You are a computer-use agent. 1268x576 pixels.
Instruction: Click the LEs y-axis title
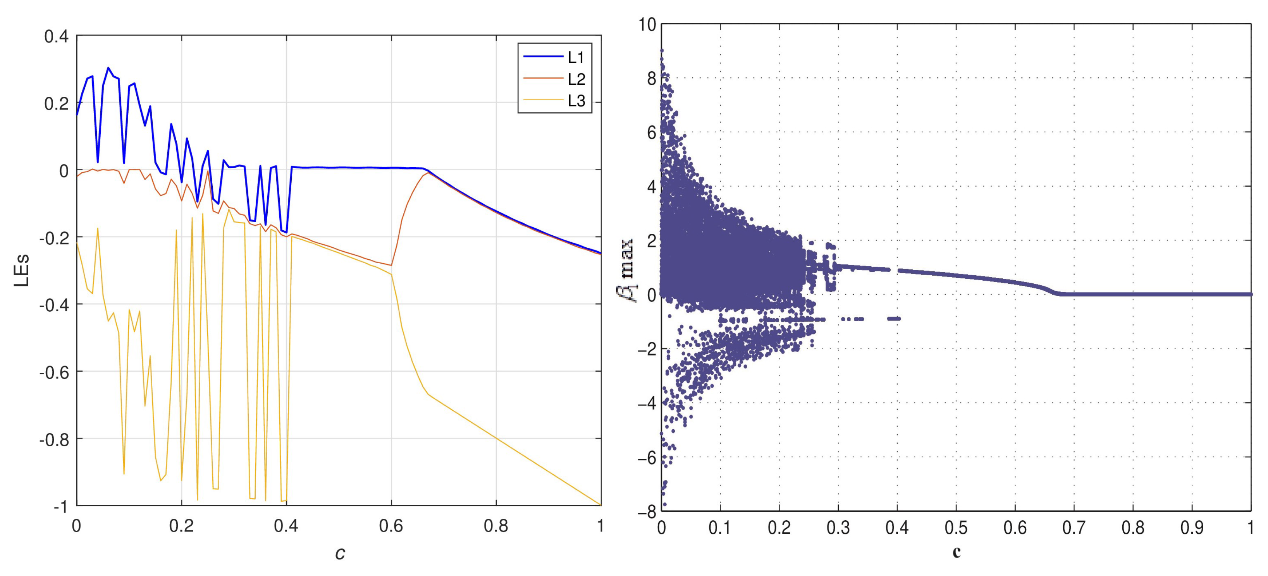tap(22, 270)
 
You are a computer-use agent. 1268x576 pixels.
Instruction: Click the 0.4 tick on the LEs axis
tap(56, 36)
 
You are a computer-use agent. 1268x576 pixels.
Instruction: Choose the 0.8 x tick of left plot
tap(496, 526)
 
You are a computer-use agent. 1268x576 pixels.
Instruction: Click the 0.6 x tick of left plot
tap(391, 526)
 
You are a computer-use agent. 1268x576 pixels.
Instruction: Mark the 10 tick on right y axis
tap(647, 24)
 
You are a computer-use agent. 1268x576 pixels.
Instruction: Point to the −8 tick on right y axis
tap(647, 512)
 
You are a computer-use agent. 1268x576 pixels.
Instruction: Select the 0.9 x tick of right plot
tap(1192, 528)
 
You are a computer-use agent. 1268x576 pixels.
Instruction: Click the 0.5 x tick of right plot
tap(956, 528)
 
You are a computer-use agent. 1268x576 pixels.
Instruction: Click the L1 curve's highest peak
tap(108, 68)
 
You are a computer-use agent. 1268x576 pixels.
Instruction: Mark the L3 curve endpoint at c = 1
tap(600, 505)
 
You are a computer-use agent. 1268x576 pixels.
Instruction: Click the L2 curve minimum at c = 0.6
tap(391, 265)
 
